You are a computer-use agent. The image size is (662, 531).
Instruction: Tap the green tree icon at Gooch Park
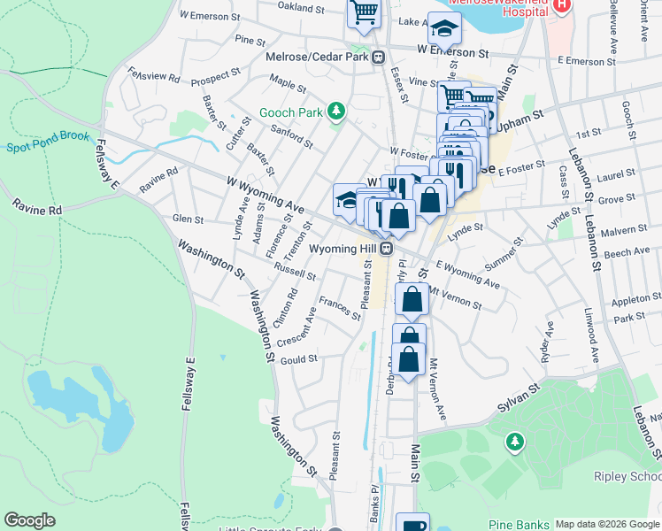(x=335, y=112)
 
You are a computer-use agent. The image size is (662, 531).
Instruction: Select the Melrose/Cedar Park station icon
(x=378, y=58)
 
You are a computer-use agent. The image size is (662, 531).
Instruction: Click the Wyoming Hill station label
(x=343, y=250)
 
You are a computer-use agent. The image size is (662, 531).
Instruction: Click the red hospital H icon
(x=560, y=7)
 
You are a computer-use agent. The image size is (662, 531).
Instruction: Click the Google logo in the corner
(x=29, y=520)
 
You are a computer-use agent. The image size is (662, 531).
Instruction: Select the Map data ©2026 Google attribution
(x=607, y=524)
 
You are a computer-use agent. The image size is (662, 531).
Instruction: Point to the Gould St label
(x=298, y=359)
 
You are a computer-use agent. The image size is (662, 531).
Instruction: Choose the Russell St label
(x=294, y=269)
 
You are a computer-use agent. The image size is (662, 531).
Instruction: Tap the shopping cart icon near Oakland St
(x=363, y=13)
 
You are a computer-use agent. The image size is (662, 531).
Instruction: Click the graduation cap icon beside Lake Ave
(x=444, y=29)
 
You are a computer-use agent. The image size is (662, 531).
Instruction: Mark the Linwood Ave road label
(x=590, y=345)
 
